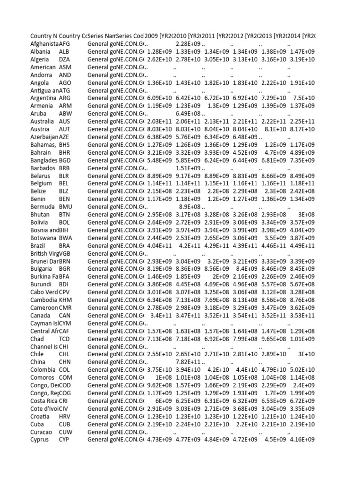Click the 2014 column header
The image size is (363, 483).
(x=302, y=36)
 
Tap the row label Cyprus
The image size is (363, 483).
(x=39, y=440)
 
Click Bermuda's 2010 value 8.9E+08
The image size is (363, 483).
(x=190, y=207)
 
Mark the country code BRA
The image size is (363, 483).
(x=65, y=245)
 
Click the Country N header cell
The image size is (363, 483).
(x=43, y=36)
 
